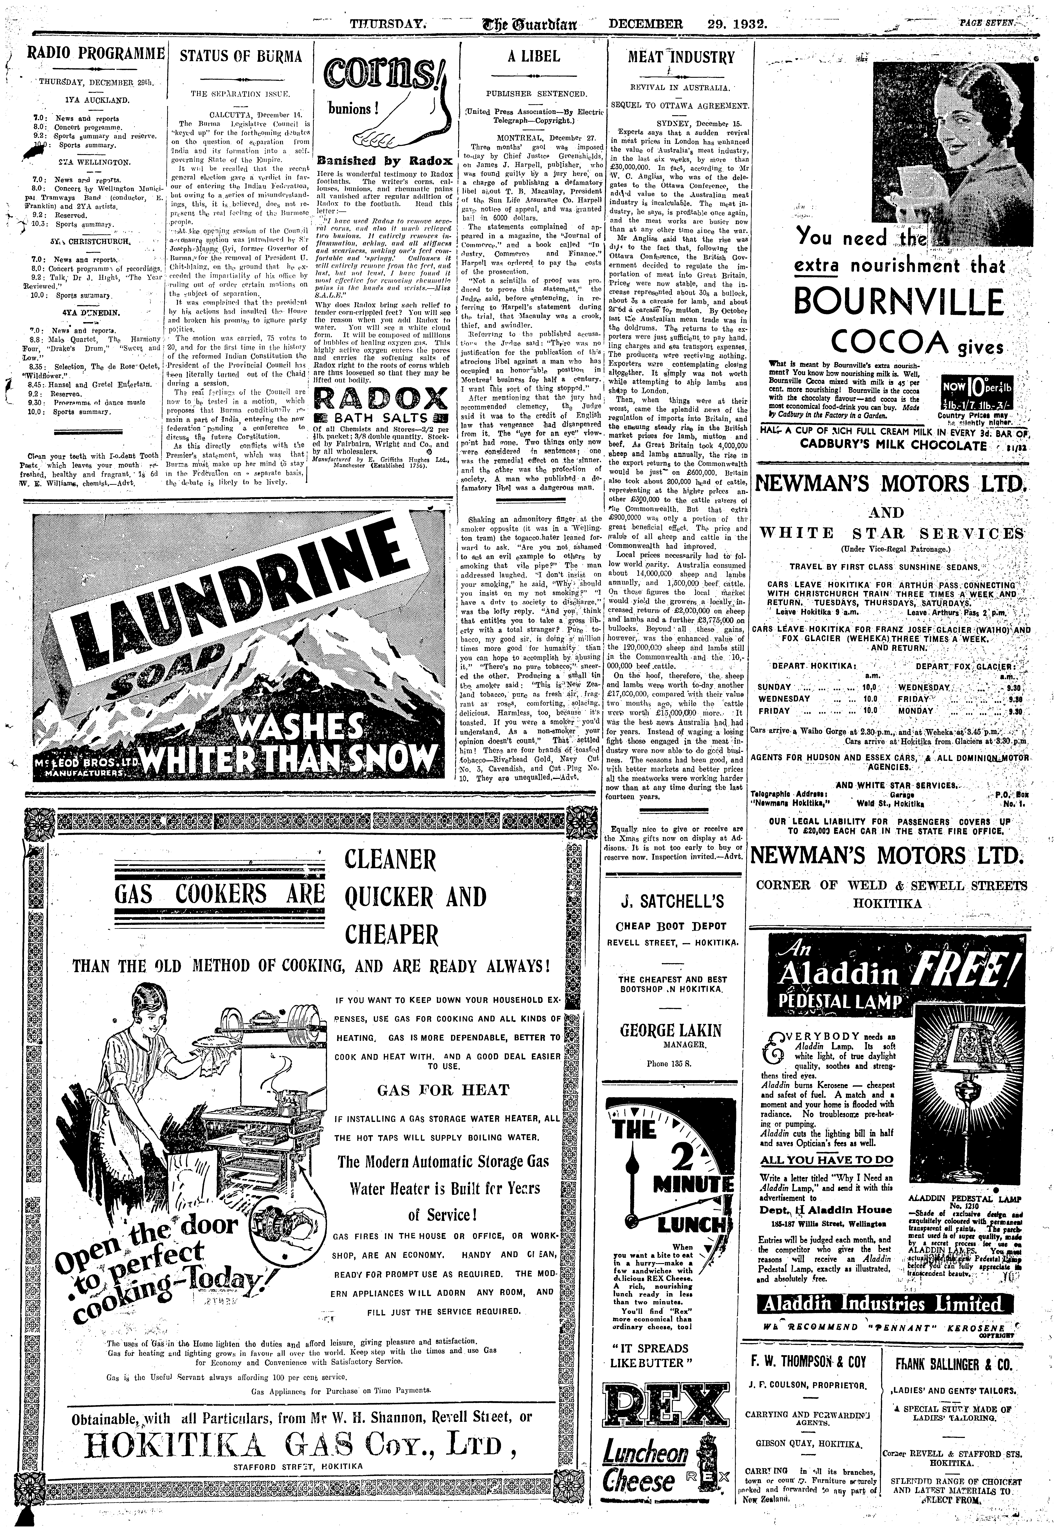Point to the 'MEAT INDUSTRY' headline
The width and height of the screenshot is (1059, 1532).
click(x=681, y=57)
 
